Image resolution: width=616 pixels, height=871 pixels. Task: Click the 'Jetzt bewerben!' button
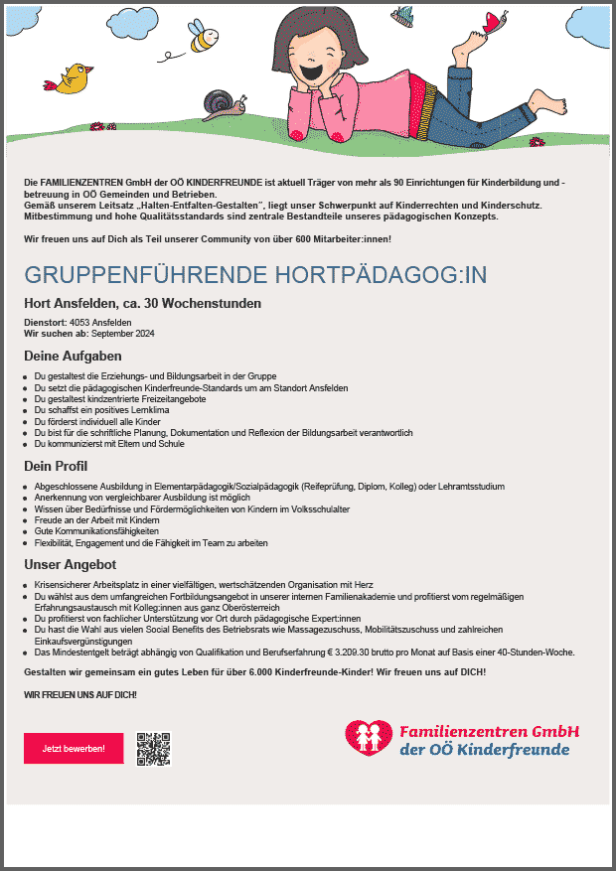click(74, 748)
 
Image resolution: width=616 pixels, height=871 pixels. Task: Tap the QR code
click(154, 749)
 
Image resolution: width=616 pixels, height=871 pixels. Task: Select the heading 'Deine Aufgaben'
click(73, 356)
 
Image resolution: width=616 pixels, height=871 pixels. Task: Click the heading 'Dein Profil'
click(56, 465)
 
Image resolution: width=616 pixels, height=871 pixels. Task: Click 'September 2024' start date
click(123, 334)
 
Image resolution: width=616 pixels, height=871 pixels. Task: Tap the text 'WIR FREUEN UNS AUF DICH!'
click(80, 694)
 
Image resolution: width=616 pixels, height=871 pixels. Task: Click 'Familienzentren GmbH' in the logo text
click(489, 732)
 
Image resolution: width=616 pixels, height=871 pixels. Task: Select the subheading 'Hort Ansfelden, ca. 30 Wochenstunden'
click(143, 303)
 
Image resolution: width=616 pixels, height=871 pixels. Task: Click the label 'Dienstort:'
click(45, 323)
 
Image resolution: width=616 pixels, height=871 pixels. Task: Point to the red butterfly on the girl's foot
click(494, 24)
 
